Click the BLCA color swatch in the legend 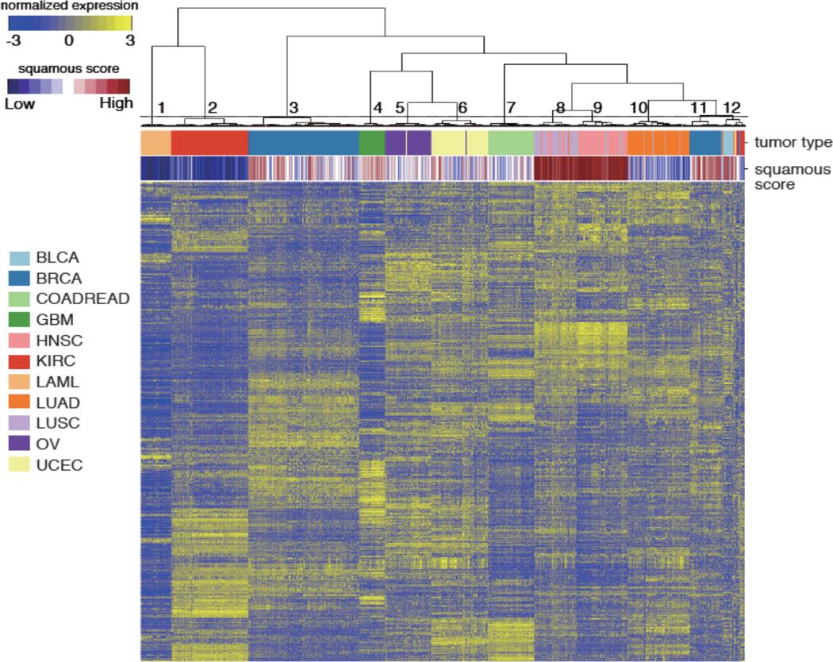[20, 258]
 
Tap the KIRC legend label [54, 361]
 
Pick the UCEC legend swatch [20, 464]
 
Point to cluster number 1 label [161, 107]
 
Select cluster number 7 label [510, 107]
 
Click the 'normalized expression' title [69, 6]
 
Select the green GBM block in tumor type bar [371, 143]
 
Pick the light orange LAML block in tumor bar [155, 143]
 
